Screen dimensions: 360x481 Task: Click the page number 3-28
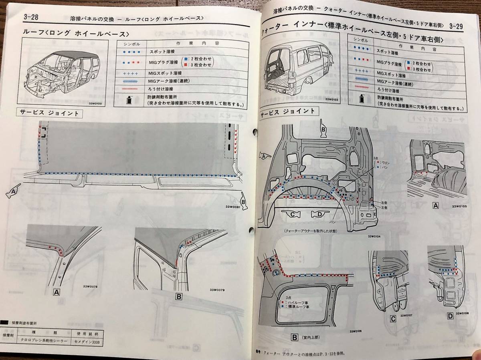tap(28, 17)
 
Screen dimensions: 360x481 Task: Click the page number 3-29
tap(456, 26)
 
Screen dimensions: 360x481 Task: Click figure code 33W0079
tap(217, 290)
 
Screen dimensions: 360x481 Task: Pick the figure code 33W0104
tap(374, 236)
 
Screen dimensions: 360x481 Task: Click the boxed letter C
tap(393, 319)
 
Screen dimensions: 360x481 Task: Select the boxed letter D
tap(450, 316)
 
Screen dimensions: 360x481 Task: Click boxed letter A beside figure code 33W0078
tap(57, 292)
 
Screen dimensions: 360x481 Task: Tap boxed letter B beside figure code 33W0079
tap(179, 297)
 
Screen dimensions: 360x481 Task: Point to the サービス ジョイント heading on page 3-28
tap(49, 113)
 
